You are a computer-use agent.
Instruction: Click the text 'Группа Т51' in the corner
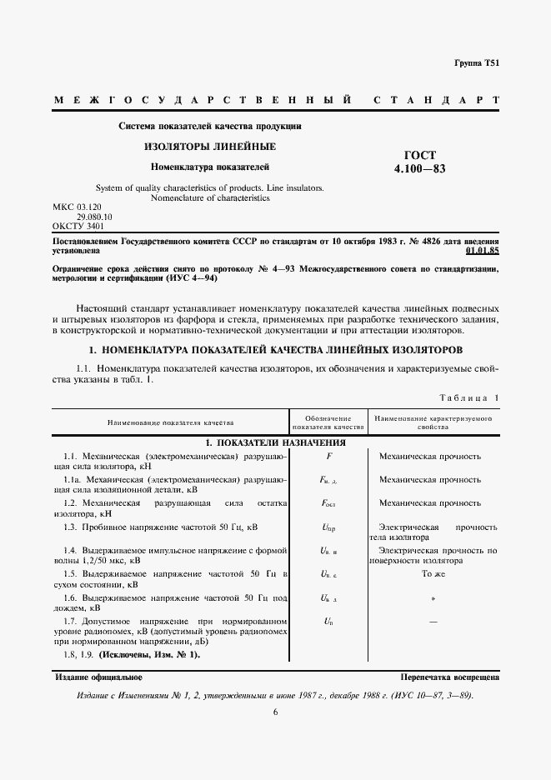point(476,63)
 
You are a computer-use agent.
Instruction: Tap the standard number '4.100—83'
point(419,169)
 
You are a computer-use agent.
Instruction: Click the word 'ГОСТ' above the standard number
point(419,155)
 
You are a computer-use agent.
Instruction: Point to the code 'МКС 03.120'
point(76,206)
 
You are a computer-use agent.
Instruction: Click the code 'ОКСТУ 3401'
point(78,226)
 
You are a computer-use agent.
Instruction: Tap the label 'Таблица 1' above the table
point(469,397)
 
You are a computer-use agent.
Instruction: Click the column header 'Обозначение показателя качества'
point(330,422)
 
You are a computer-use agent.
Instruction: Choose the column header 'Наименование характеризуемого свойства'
point(432,422)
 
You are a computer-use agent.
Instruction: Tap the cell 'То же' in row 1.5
point(432,574)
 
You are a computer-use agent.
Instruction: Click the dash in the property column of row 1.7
point(432,622)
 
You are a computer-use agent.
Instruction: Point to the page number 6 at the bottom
point(275,712)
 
